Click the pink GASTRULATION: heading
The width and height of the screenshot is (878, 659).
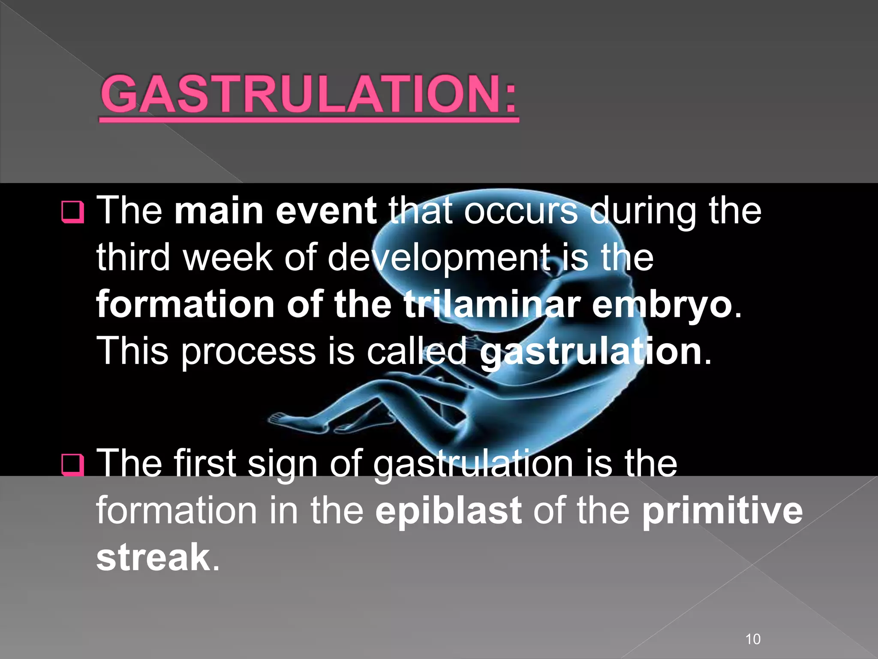[309, 94]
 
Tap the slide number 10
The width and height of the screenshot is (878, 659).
[753, 627]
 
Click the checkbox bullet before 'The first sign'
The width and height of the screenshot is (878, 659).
[72, 465]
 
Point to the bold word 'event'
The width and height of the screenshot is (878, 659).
[326, 211]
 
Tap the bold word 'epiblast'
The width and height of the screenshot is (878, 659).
[448, 511]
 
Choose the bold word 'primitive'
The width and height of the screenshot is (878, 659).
[722, 511]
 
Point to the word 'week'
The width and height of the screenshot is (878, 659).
[228, 257]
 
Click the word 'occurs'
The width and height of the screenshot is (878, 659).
[521, 211]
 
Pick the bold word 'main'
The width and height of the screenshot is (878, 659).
[219, 211]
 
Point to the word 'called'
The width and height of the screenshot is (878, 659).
[416, 351]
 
